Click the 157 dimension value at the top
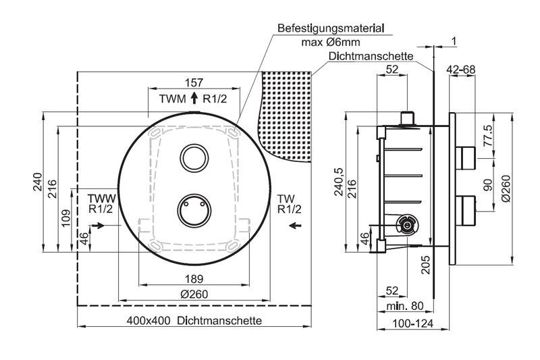point(194,82)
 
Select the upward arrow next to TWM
point(194,99)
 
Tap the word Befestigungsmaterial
point(331,29)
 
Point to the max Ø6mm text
point(330,42)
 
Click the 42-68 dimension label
point(462,69)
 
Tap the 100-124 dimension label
point(414,324)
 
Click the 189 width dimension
point(194,279)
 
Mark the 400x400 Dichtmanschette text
point(194,320)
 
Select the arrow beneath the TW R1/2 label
point(292,227)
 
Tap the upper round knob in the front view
point(194,157)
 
